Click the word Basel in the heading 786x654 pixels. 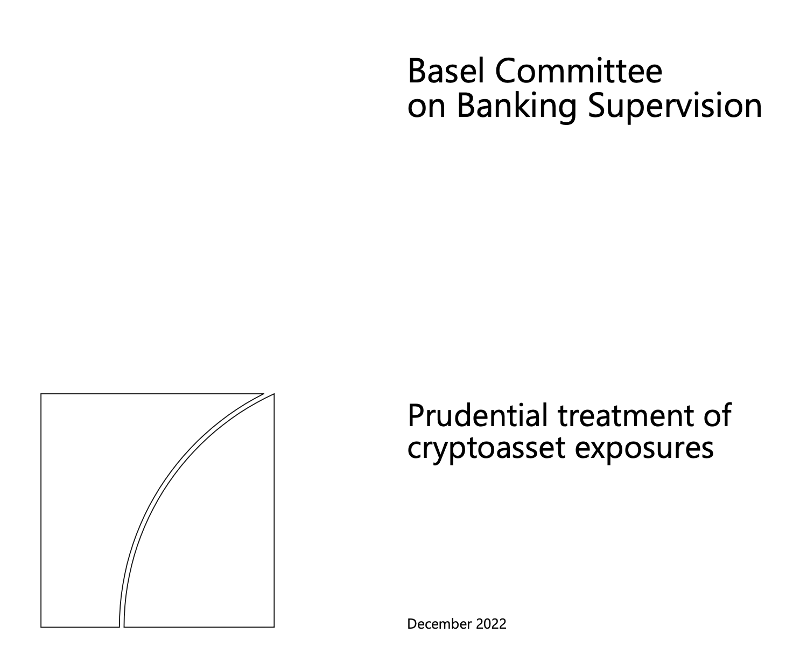446,71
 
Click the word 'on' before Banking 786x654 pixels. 426,109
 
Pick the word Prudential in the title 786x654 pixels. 478,415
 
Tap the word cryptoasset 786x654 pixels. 486,449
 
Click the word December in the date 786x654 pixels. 440,624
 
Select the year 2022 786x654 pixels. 491,624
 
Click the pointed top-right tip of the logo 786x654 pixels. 274,394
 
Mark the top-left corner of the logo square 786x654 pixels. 41,394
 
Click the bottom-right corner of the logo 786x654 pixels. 275,627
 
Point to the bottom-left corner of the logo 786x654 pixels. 41,627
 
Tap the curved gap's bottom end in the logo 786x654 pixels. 122,627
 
